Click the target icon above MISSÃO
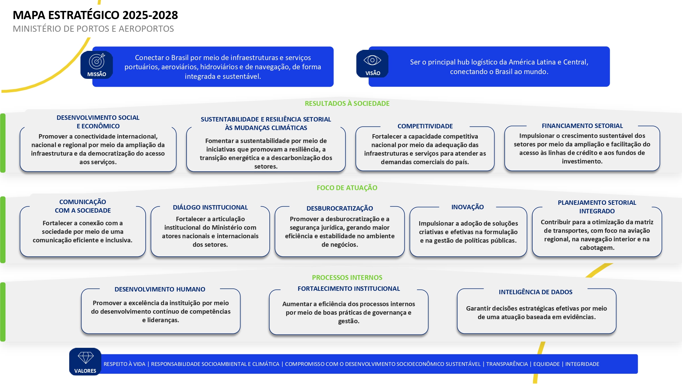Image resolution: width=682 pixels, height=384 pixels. pos(97,61)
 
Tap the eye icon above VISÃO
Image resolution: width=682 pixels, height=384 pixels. pos(372,60)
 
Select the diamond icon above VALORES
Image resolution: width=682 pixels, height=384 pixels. pos(86,358)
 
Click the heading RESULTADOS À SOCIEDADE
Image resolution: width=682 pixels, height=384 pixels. pos(347,103)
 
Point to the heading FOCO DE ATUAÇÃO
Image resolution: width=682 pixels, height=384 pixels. pos(347,188)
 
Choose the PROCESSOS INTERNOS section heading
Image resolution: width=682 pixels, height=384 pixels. pos(347,278)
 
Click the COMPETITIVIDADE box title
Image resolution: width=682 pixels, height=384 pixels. pos(425,126)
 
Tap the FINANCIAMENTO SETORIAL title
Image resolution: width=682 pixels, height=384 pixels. pos(582,126)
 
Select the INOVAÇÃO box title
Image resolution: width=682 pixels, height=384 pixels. pos(468,207)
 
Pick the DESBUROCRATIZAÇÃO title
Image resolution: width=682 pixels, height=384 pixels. pos(340,208)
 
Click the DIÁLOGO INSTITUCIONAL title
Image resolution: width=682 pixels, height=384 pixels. pos(210,207)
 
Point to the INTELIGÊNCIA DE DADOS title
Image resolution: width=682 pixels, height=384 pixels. pos(536,292)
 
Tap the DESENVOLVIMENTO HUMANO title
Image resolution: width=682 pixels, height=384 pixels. pos(160,289)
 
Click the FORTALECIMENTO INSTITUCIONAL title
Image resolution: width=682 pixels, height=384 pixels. pos(349,288)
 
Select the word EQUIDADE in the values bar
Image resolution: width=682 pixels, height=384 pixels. pos(547,364)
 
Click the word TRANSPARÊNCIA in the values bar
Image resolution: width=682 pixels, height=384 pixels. pos(507,364)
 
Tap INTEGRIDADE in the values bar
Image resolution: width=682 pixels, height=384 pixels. pos(582,364)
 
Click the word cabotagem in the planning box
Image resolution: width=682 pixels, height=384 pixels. pos(597,248)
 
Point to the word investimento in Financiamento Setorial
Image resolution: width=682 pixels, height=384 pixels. pos(582,161)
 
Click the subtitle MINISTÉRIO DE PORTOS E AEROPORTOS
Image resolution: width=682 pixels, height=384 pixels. pos(93,29)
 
